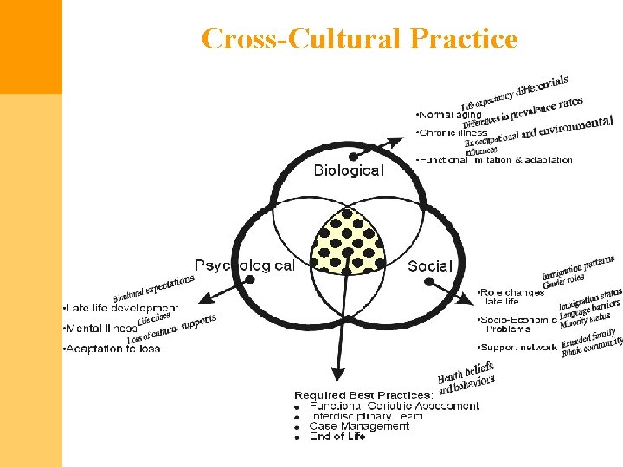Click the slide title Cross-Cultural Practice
pos(359,39)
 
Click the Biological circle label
pos(348,170)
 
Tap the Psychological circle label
pos(244,265)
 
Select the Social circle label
pos(430,265)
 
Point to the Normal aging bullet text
pos(449,114)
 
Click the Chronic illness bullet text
pos(453,132)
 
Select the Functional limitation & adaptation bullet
pos(494,160)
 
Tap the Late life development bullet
pos(119,308)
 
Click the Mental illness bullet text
pos(100,329)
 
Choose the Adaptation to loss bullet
pos(112,349)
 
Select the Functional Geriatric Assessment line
pos(394,406)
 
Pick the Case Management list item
pos(359,426)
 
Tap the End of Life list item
pos(337,437)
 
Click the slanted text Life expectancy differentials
pos(515,92)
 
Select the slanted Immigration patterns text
pos(579,269)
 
